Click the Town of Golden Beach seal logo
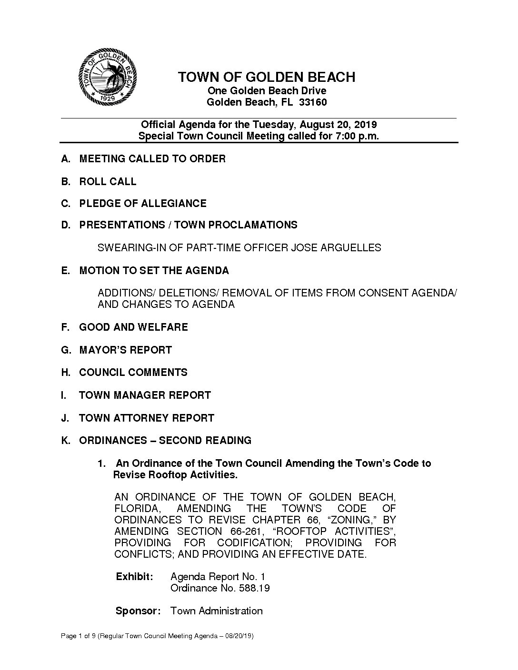[108, 77]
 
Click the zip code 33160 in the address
[313, 102]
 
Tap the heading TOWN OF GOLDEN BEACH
[267, 77]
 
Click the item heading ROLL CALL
[108, 181]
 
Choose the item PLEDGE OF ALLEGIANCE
[143, 204]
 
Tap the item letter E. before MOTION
[66, 271]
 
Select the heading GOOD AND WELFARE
[133, 327]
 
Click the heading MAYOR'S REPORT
[125, 350]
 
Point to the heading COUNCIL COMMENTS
[133, 373]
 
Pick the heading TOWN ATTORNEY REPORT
[147, 418]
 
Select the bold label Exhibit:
[135, 577]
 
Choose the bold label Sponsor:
[138, 611]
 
